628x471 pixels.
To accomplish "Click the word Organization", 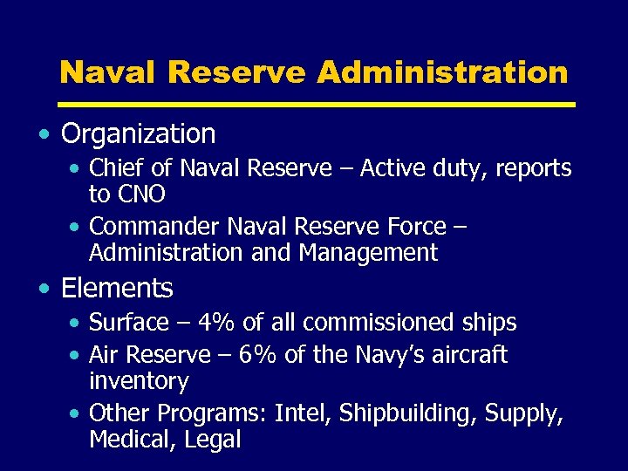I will [x=139, y=134].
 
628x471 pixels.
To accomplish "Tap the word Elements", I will [x=117, y=288].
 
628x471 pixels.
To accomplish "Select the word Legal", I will [x=213, y=440].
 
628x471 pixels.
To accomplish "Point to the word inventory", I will [x=139, y=382].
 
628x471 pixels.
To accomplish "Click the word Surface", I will [x=129, y=323].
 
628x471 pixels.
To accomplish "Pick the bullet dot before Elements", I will [x=44, y=289].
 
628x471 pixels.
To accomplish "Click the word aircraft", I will [x=464, y=355].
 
